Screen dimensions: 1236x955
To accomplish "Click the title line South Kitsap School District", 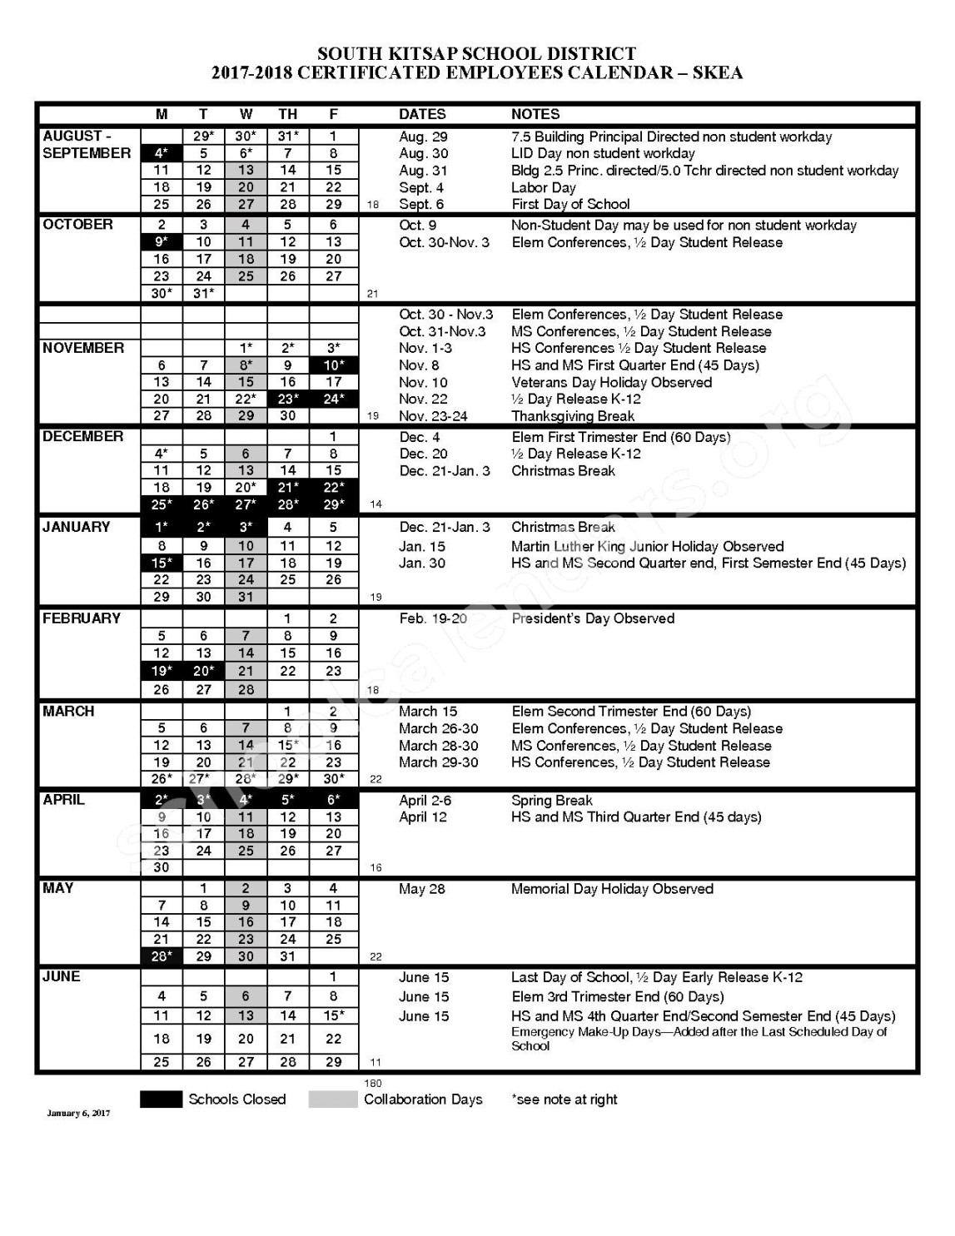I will click(476, 54).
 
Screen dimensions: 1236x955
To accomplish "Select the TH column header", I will click(287, 114).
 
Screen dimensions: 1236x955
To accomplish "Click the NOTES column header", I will click(535, 114).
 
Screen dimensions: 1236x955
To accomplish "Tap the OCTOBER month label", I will click(77, 225).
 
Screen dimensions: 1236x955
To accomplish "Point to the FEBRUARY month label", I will click(82, 618).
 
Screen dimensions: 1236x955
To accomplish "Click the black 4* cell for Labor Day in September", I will click(162, 153).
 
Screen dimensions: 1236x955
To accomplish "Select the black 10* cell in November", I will click(333, 365).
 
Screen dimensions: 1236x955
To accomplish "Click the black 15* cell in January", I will click(162, 563).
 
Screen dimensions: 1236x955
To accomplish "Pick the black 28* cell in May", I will click(162, 956).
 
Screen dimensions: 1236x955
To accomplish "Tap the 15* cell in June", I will click(333, 1015).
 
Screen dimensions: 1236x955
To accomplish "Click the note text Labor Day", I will click(543, 187).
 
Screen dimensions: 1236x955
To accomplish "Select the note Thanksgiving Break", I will click(572, 416).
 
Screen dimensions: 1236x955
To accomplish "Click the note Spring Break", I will click(551, 800).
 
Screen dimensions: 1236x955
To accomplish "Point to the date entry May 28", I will click(421, 889).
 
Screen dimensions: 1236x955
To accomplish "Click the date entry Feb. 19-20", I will click(433, 618).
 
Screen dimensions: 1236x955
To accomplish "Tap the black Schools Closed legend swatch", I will click(161, 1099).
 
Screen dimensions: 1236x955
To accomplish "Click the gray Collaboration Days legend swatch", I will click(332, 1099).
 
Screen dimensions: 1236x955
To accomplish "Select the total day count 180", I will click(373, 1083).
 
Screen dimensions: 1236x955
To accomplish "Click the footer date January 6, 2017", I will click(78, 1114).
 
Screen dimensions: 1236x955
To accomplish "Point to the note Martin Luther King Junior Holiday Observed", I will click(647, 547).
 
